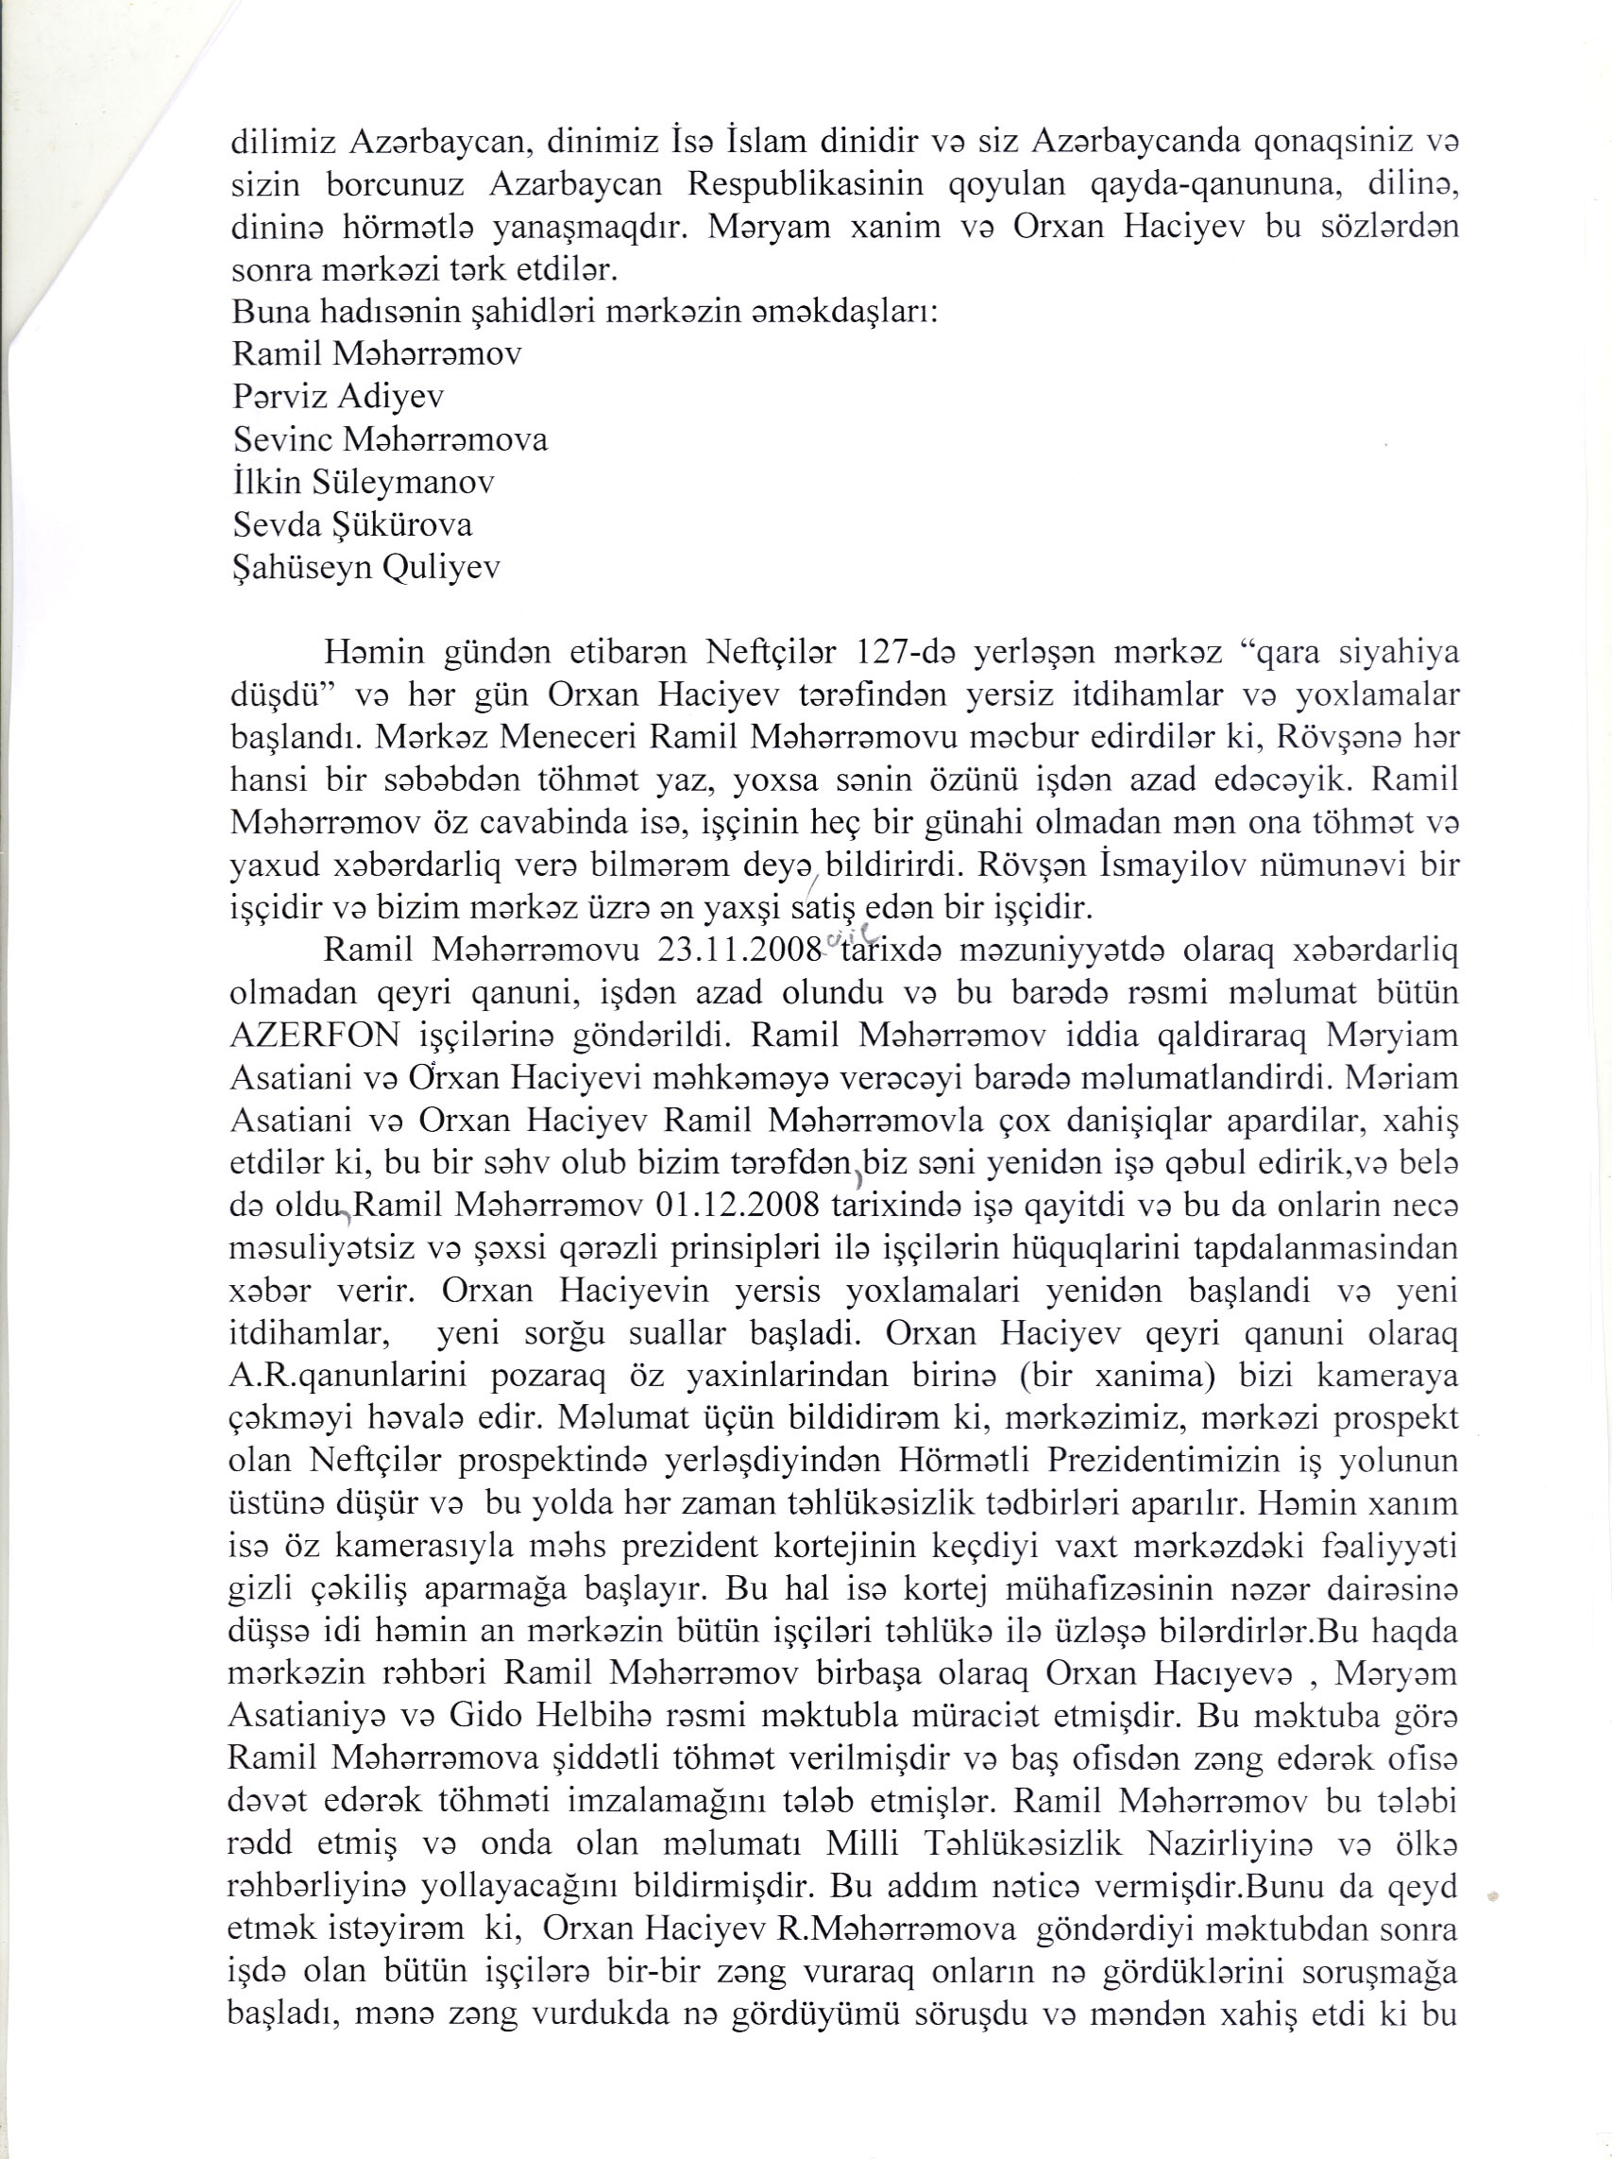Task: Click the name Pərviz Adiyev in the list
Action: [x=339, y=396]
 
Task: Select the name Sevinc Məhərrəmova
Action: [x=390, y=439]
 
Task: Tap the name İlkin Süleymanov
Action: [x=363, y=482]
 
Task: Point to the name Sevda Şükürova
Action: [x=352, y=525]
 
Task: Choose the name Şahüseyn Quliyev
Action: [x=367, y=568]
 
